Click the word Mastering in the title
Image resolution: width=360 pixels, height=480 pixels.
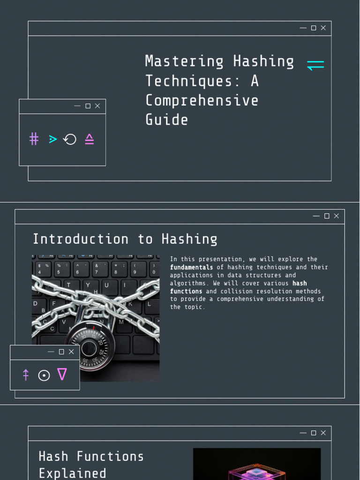(x=178, y=61)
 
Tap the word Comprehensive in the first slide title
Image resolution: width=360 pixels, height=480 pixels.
(x=202, y=100)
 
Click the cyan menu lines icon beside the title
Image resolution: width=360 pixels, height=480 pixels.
(x=315, y=65)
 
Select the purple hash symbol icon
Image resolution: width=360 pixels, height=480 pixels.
(x=34, y=139)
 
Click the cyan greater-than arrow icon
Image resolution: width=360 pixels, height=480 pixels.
(x=52, y=139)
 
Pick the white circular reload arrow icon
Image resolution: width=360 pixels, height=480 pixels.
(x=70, y=139)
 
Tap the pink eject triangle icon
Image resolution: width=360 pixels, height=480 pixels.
(x=89, y=139)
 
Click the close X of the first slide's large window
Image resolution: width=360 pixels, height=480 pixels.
(x=323, y=28)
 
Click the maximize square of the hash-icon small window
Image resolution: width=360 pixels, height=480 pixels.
(x=88, y=106)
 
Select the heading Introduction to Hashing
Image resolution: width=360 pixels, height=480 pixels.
(x=125, y=239)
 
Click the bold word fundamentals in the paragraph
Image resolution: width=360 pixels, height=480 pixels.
(x=191, y=267)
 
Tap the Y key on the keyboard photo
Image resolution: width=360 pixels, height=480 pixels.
(x=88, y=285)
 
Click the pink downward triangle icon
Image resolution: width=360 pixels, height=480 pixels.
(x=62, y=374)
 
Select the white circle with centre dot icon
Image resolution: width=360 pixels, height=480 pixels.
(x=44, y=375)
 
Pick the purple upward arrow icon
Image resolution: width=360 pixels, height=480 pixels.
(x=26, y=375)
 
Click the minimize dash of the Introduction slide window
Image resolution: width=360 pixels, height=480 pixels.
(x=316, y=216)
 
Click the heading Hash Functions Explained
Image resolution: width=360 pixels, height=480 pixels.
(x=91, y=464)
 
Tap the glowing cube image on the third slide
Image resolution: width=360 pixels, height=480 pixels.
(x=256, y=466)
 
